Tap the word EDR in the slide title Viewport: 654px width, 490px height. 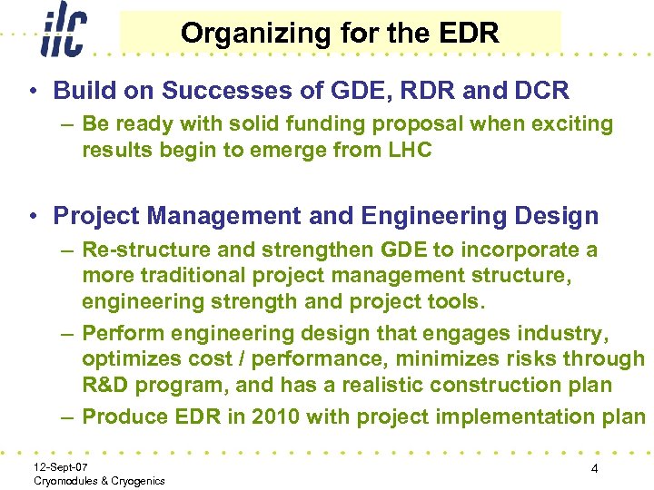click(469, 34)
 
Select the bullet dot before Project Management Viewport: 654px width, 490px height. click(34, 216)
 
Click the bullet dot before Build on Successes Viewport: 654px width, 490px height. click(34, 91)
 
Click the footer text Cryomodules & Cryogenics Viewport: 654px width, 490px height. click(98, 480)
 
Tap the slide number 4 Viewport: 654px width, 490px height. click(593, 469)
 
